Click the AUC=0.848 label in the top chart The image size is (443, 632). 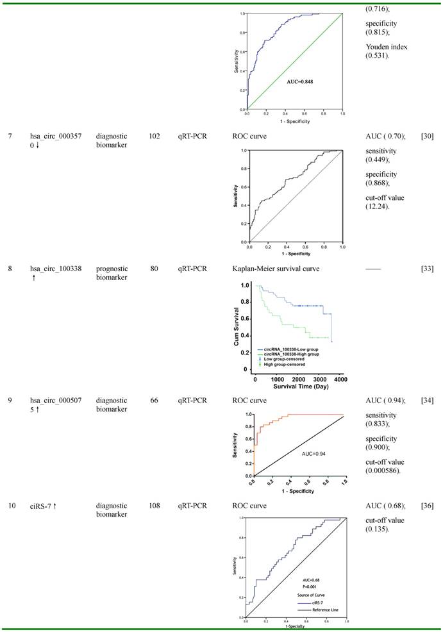pyautogui.click(x=300, y=82)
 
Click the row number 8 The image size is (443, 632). pyautogui.click(x=10, y=269)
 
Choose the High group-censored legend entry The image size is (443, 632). pyautogui.click(x=283, y=364)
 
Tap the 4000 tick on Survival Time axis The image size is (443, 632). pyautogui.click(x=340, y=379)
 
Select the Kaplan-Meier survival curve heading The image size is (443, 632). pyautogui.click(x=278, y=269)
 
